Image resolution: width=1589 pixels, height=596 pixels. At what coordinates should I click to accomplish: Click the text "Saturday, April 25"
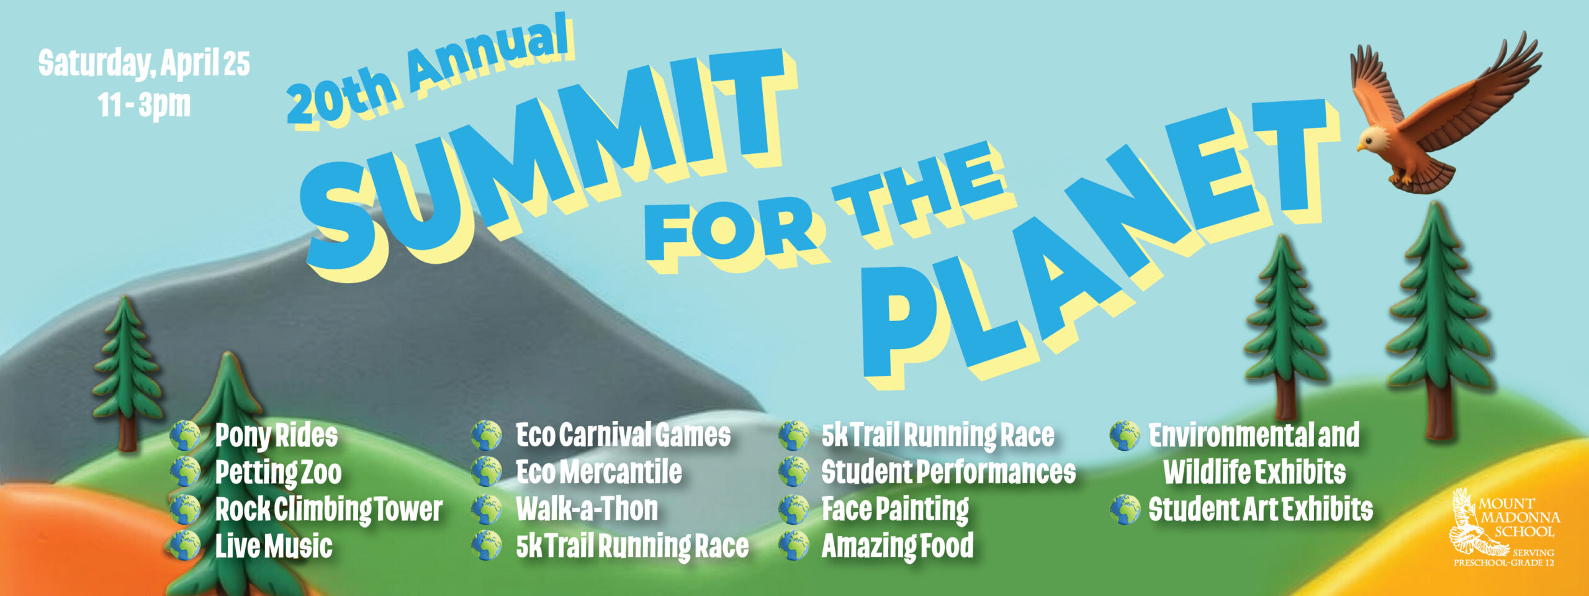pyautogui.click(x=143, y=63)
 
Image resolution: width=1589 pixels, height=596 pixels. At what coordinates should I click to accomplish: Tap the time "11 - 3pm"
pyautogui.click(x=143, y=104)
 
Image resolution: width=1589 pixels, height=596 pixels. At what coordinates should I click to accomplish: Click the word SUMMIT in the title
pyautogui.click(x=546, y=155)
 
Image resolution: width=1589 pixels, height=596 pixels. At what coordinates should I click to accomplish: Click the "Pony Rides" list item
pyautogui.click(x=276, y=435)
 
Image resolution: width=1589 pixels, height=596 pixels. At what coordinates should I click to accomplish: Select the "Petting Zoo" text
pyautogui.click(x=278, y=472)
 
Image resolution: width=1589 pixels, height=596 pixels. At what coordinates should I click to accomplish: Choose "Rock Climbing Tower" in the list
pyautogui.click(x=328, y=510)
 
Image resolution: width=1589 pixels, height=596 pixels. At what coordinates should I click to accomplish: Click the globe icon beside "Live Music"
pyautogui.click(x=184, y=546)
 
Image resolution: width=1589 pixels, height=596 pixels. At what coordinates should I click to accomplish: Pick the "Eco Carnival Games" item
pyautogui.click(x=623, y=435)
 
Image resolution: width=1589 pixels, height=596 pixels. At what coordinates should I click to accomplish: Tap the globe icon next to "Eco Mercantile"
pyautogui.click(x=486, y=472)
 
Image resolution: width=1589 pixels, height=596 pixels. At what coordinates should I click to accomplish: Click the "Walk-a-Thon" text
pyautogui.click(x=587, y=509)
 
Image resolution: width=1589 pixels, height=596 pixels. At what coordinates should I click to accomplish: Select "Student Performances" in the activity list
pyautogui.click(x=948, y=472)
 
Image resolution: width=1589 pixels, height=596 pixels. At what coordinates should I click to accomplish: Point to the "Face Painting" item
pyautogui.click(x=895, y=509)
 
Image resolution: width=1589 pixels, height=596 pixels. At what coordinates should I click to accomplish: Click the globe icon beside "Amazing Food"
pyautogui.click(x=794, y=546)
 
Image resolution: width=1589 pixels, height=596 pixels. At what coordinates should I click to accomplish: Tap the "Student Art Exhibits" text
pyautogui.click(x=1261, y=509)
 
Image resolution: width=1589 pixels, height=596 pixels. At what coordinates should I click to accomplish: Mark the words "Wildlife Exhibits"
pyautogui.click(x=1254, y=472)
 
